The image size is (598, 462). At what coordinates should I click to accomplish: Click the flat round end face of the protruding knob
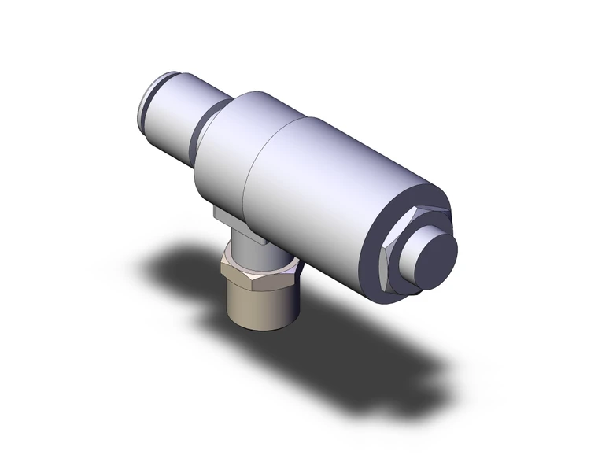435,260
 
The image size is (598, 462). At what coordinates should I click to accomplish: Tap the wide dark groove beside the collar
202,126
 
